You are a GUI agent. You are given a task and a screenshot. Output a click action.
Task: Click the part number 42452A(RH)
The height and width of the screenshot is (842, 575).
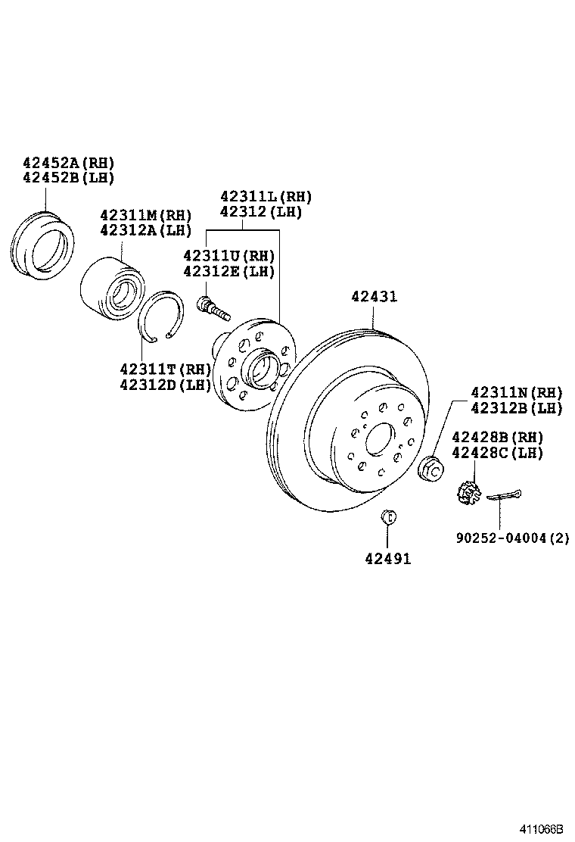[68, 163]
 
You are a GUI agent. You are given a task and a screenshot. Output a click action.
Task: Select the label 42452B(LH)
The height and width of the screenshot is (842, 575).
[68, 179]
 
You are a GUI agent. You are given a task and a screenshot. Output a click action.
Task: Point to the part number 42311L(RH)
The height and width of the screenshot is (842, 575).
[266, 197]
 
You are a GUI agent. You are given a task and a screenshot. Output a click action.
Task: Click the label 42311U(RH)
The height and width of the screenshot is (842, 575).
[229, 256]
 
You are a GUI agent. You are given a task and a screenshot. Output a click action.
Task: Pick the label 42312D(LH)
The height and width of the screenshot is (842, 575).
[164, 385]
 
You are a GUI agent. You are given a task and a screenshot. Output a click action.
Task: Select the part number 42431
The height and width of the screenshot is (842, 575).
[373, 298]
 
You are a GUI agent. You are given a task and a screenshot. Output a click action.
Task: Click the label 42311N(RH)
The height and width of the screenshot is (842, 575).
[517, 392]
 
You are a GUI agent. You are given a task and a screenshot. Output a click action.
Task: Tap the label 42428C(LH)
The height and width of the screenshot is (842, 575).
[497, 453]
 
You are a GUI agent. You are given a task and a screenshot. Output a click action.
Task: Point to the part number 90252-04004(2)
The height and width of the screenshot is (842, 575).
[512, 538]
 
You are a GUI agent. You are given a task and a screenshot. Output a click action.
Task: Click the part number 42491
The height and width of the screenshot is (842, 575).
[387, 560]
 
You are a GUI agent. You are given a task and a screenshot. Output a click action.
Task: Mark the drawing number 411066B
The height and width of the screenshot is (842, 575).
[541, 829]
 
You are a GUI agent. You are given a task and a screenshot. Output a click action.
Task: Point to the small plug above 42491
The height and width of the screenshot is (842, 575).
[387, 518]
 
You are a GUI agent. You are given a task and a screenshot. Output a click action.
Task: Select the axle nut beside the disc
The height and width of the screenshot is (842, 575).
[431, 469]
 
